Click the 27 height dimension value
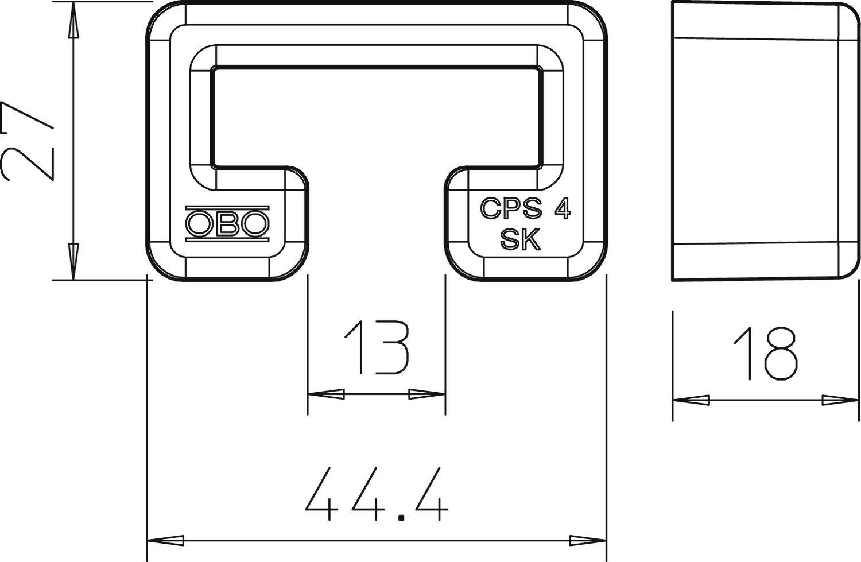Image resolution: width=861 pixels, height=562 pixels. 28,141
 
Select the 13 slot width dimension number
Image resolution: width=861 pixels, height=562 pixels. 376,347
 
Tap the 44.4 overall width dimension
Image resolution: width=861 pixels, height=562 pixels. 376,494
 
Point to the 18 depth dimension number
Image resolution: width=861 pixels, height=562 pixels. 766,354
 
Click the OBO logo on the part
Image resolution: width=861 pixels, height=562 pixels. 227,223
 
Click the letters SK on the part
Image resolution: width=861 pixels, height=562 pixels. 520,240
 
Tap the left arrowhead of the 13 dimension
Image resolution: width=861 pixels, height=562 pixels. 325,394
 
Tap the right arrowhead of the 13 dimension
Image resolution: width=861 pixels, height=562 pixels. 427,394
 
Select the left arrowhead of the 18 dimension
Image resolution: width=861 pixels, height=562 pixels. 691,400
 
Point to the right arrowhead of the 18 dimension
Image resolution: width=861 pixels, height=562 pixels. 840,400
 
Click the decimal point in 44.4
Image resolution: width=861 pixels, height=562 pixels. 401,517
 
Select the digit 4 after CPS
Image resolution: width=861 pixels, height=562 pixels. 562,209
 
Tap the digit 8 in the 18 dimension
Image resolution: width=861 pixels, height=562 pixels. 781,354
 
